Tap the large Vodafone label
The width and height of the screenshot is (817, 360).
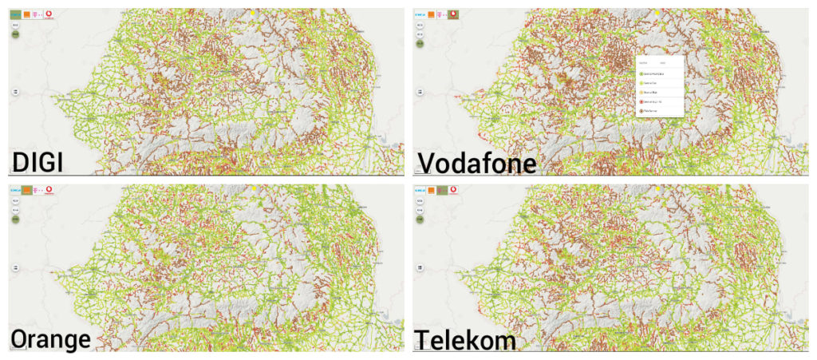[476, 164]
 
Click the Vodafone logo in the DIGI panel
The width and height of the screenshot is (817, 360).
[49, 14]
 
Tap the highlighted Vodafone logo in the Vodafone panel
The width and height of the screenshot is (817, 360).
[454, 14]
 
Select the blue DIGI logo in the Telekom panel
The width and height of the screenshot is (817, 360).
[420, 190]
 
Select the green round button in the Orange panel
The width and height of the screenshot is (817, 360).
[15, 218]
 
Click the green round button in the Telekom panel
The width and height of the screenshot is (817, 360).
[420, 218]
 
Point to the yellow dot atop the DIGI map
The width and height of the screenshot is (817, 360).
[253, 13]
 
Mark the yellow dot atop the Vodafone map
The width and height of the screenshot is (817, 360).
[657, 13]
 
